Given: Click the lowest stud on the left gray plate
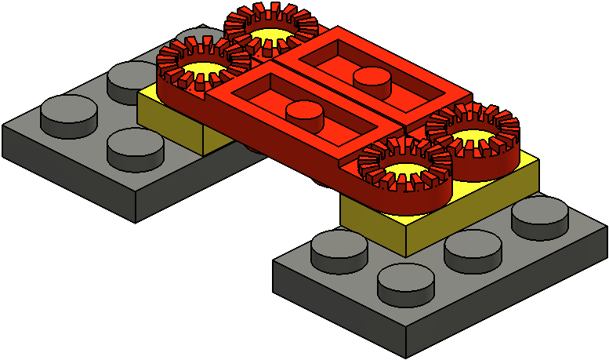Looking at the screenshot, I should click(x=129, y=149).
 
